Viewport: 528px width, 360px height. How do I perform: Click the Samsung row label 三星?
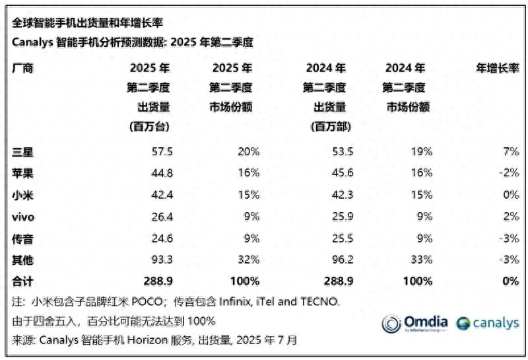pos(23,151)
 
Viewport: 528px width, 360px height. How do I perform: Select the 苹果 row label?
pos(23,173)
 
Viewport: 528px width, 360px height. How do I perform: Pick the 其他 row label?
pos(23,260)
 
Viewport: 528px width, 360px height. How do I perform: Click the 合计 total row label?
pos(23,281)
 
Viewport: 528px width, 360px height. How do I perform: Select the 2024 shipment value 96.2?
pos(342,260)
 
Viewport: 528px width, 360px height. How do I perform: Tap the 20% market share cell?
pos(249,151)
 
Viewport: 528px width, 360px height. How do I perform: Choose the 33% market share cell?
pos(422,260)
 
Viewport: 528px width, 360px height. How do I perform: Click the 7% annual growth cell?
pos(510,151)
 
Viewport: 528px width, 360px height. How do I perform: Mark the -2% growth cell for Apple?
pos(508,173)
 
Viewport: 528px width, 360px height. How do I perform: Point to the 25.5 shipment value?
pos(342,238)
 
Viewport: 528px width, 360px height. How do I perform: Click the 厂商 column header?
pos(23,68)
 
